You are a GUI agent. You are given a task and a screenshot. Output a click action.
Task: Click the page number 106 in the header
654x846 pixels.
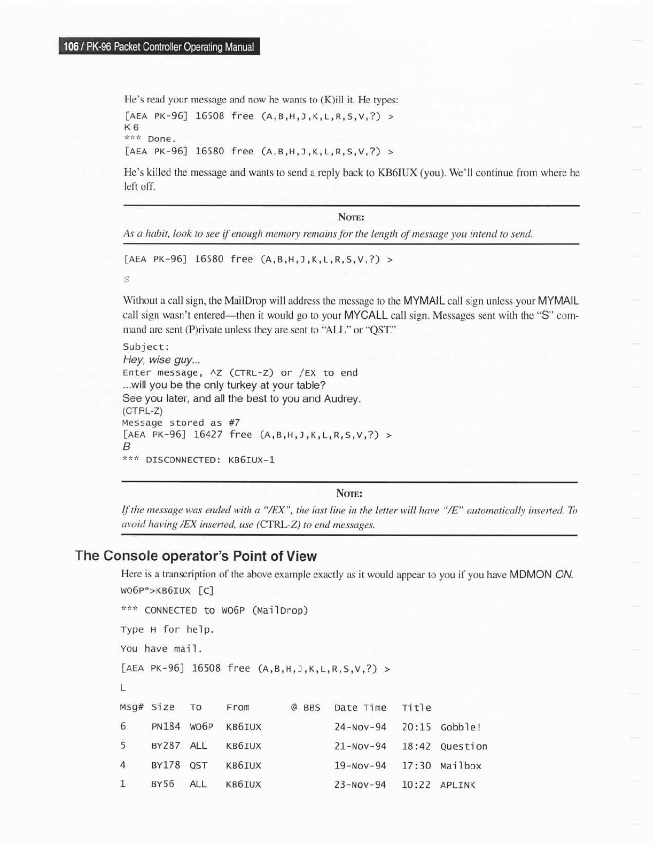pyautogui.click(x=71, y=47)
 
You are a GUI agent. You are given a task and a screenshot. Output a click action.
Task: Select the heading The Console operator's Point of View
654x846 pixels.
pyautogui.click(x=196, y=556)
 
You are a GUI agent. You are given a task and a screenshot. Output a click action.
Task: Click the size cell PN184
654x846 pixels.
pyautogui.click(x=166, y=727)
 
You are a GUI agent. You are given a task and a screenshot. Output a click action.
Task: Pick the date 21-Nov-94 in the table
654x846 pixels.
pyautogui.click(x=360, y=746)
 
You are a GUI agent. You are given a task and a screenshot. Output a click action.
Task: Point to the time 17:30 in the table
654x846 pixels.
pyautogui.click(x=416, y=765)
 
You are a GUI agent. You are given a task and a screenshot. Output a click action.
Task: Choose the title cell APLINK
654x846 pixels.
pyautogui.click(x=457, y=785)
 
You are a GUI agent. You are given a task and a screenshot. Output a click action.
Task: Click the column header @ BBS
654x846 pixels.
pyautogui.click(x=306, y=708)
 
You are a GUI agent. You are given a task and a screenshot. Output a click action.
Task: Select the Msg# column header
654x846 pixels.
pyautogui.click(x=131, y=707)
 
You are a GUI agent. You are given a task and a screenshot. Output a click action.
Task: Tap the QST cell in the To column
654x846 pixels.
pyautogui.click(x=198, y=765)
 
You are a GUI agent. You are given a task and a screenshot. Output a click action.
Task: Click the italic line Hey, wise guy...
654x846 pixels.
pyautogui.click(x=154, y=360)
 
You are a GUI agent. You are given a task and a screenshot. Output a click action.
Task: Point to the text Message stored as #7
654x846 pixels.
pyautogui.click(x=181, y=422)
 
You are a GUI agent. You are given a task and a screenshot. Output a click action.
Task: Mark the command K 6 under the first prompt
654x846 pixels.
pyautogui.click(x=131, y=127)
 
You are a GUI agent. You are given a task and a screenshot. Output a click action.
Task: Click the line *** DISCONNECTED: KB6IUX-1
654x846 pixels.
pyautogui.click(x=198, y=460)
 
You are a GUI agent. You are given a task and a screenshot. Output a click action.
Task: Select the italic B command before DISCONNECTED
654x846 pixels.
pyautogui.click(x=127, y=446)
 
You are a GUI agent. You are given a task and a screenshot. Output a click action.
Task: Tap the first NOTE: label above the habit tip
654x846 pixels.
pyautogui.click(x=351, y=217)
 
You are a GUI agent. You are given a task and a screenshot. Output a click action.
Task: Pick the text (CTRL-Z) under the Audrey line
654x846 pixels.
pyautogui.click(x=143, y=411)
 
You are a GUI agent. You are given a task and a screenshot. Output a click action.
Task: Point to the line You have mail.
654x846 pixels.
pyautogui.click(x=161, y=649)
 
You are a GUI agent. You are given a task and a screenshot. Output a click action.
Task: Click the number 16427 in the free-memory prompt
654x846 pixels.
pyautogui.click(x=208, y=435)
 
